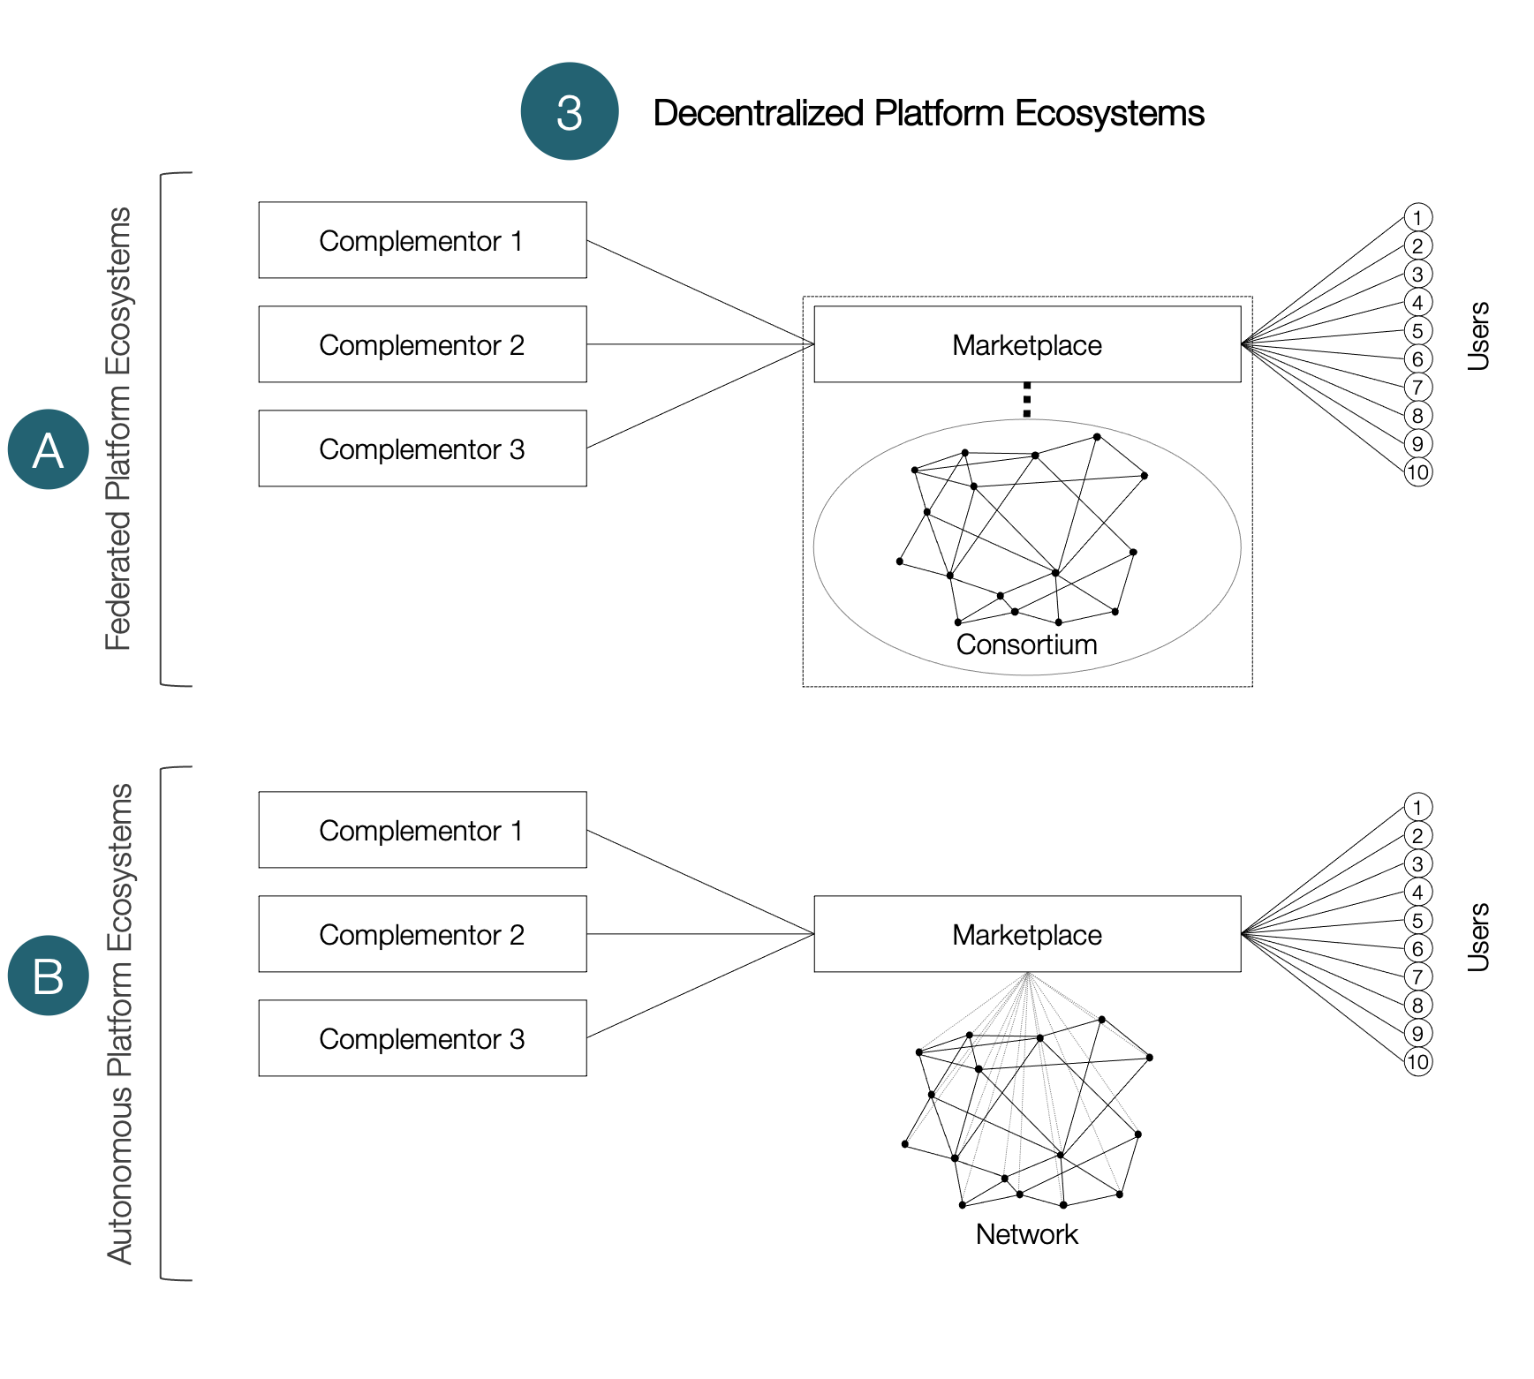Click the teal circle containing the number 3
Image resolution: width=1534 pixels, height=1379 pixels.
click(x=570, y=112)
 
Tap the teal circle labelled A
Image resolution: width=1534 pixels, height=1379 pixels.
click(x=49, y=449)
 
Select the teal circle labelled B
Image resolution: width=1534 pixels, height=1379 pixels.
click(x=49, y=976)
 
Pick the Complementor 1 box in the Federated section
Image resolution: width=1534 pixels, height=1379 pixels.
click(x=422, y=240)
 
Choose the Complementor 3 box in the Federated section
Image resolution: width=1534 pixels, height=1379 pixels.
click(x=422, y=448)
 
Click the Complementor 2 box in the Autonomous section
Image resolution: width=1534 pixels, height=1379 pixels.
click(x=422, y=934)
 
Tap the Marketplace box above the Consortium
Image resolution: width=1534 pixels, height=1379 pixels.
click(x=1027, y=344)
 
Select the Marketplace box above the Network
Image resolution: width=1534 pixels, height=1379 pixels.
click(x=1027, y=934)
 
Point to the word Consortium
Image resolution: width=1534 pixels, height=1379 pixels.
click(x=1026, y=644)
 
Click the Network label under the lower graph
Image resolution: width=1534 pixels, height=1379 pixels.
click(x=1026, y=1234)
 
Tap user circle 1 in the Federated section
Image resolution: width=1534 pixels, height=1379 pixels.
click(x=1417, y=218)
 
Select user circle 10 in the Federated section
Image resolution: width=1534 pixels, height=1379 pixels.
click(x=1417, y=472)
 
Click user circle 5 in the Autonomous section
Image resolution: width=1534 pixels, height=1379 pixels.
click(x=1417, y=921)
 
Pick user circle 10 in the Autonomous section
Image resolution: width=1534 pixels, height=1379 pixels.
click(x=1417, y=1062)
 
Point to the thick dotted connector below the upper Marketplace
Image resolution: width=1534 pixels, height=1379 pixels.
click(x=1026, y=400)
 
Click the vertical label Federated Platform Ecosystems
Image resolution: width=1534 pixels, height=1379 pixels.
click(x=118, y=429)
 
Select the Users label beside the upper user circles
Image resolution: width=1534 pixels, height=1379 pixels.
click(x=1478, y=335)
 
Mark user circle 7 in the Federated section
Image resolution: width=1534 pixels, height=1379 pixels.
click(x=1417, y=388)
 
